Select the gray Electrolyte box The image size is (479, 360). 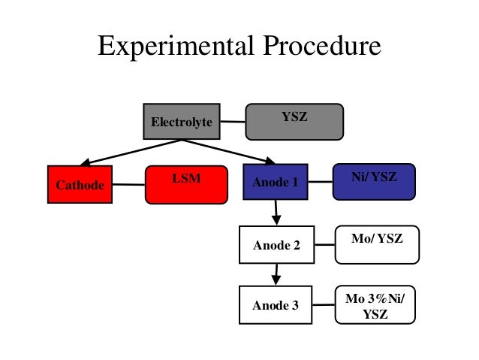point(182,121)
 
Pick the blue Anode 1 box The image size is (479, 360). point(275,182)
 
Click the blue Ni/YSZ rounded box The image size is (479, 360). point(373,181)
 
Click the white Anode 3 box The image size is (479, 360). point(275,305)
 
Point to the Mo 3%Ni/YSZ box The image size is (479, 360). point(375,305)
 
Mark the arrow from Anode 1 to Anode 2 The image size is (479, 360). point(276,212)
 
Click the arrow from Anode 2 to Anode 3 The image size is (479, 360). point(276,274)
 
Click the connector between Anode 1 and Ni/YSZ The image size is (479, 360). point(320,181)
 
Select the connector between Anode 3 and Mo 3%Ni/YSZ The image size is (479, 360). point(324,305)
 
